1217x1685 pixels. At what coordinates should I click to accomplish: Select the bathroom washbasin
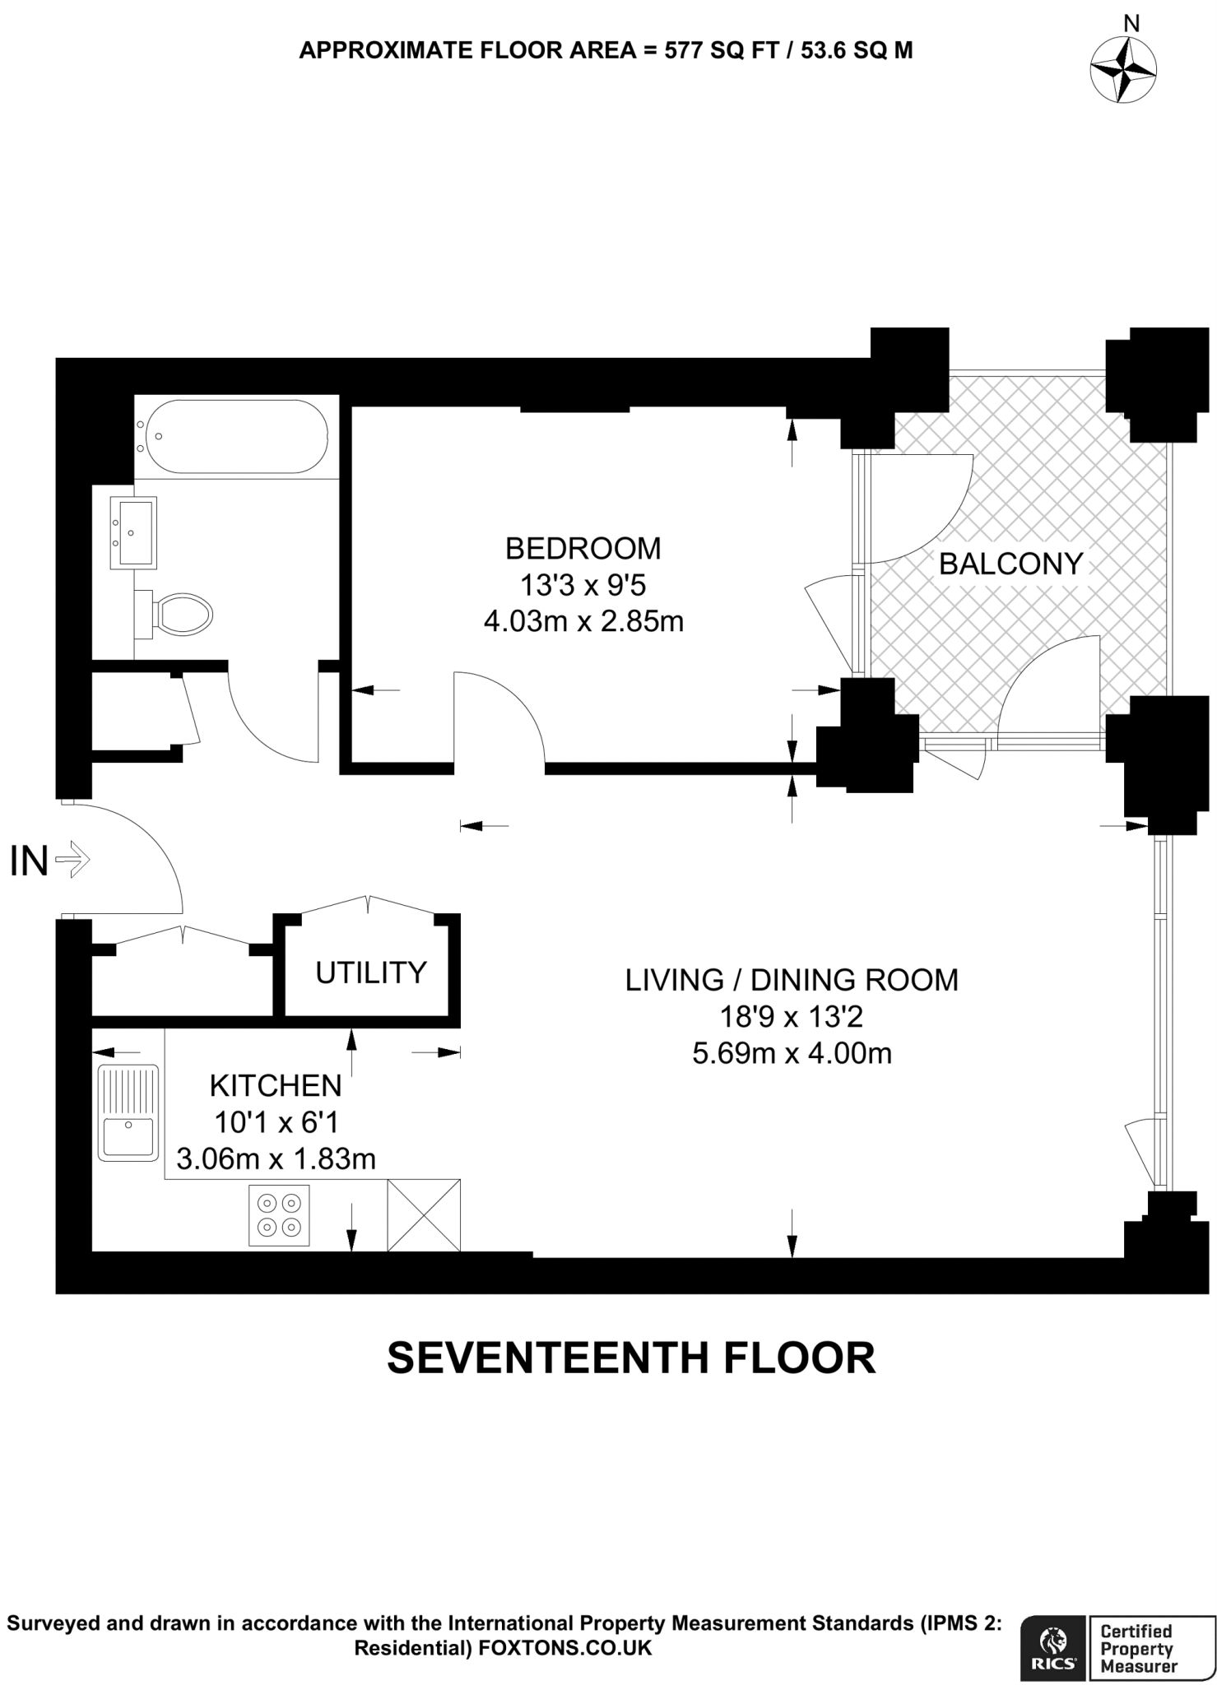click(133, 532)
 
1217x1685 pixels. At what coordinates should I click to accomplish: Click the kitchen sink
click(128, 1112)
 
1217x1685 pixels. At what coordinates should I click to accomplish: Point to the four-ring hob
click(279, 1215)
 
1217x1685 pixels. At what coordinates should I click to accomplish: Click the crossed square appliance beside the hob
click(424, 1215)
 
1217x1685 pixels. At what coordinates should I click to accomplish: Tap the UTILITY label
click(371, 972)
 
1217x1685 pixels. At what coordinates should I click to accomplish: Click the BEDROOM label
click(583, 548)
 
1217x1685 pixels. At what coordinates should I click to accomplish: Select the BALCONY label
click(1010, 564)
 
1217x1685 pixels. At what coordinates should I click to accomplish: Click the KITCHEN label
click(276, 1086)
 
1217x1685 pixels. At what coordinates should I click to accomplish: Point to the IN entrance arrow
click(72, 861)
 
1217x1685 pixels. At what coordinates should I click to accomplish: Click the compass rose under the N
click(1123, 70)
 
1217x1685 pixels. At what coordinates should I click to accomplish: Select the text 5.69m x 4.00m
click(792, 1053)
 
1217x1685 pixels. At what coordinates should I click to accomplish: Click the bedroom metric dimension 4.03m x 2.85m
click(583, 621)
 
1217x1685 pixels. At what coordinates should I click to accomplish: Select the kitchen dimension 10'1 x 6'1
click(276, 1122)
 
